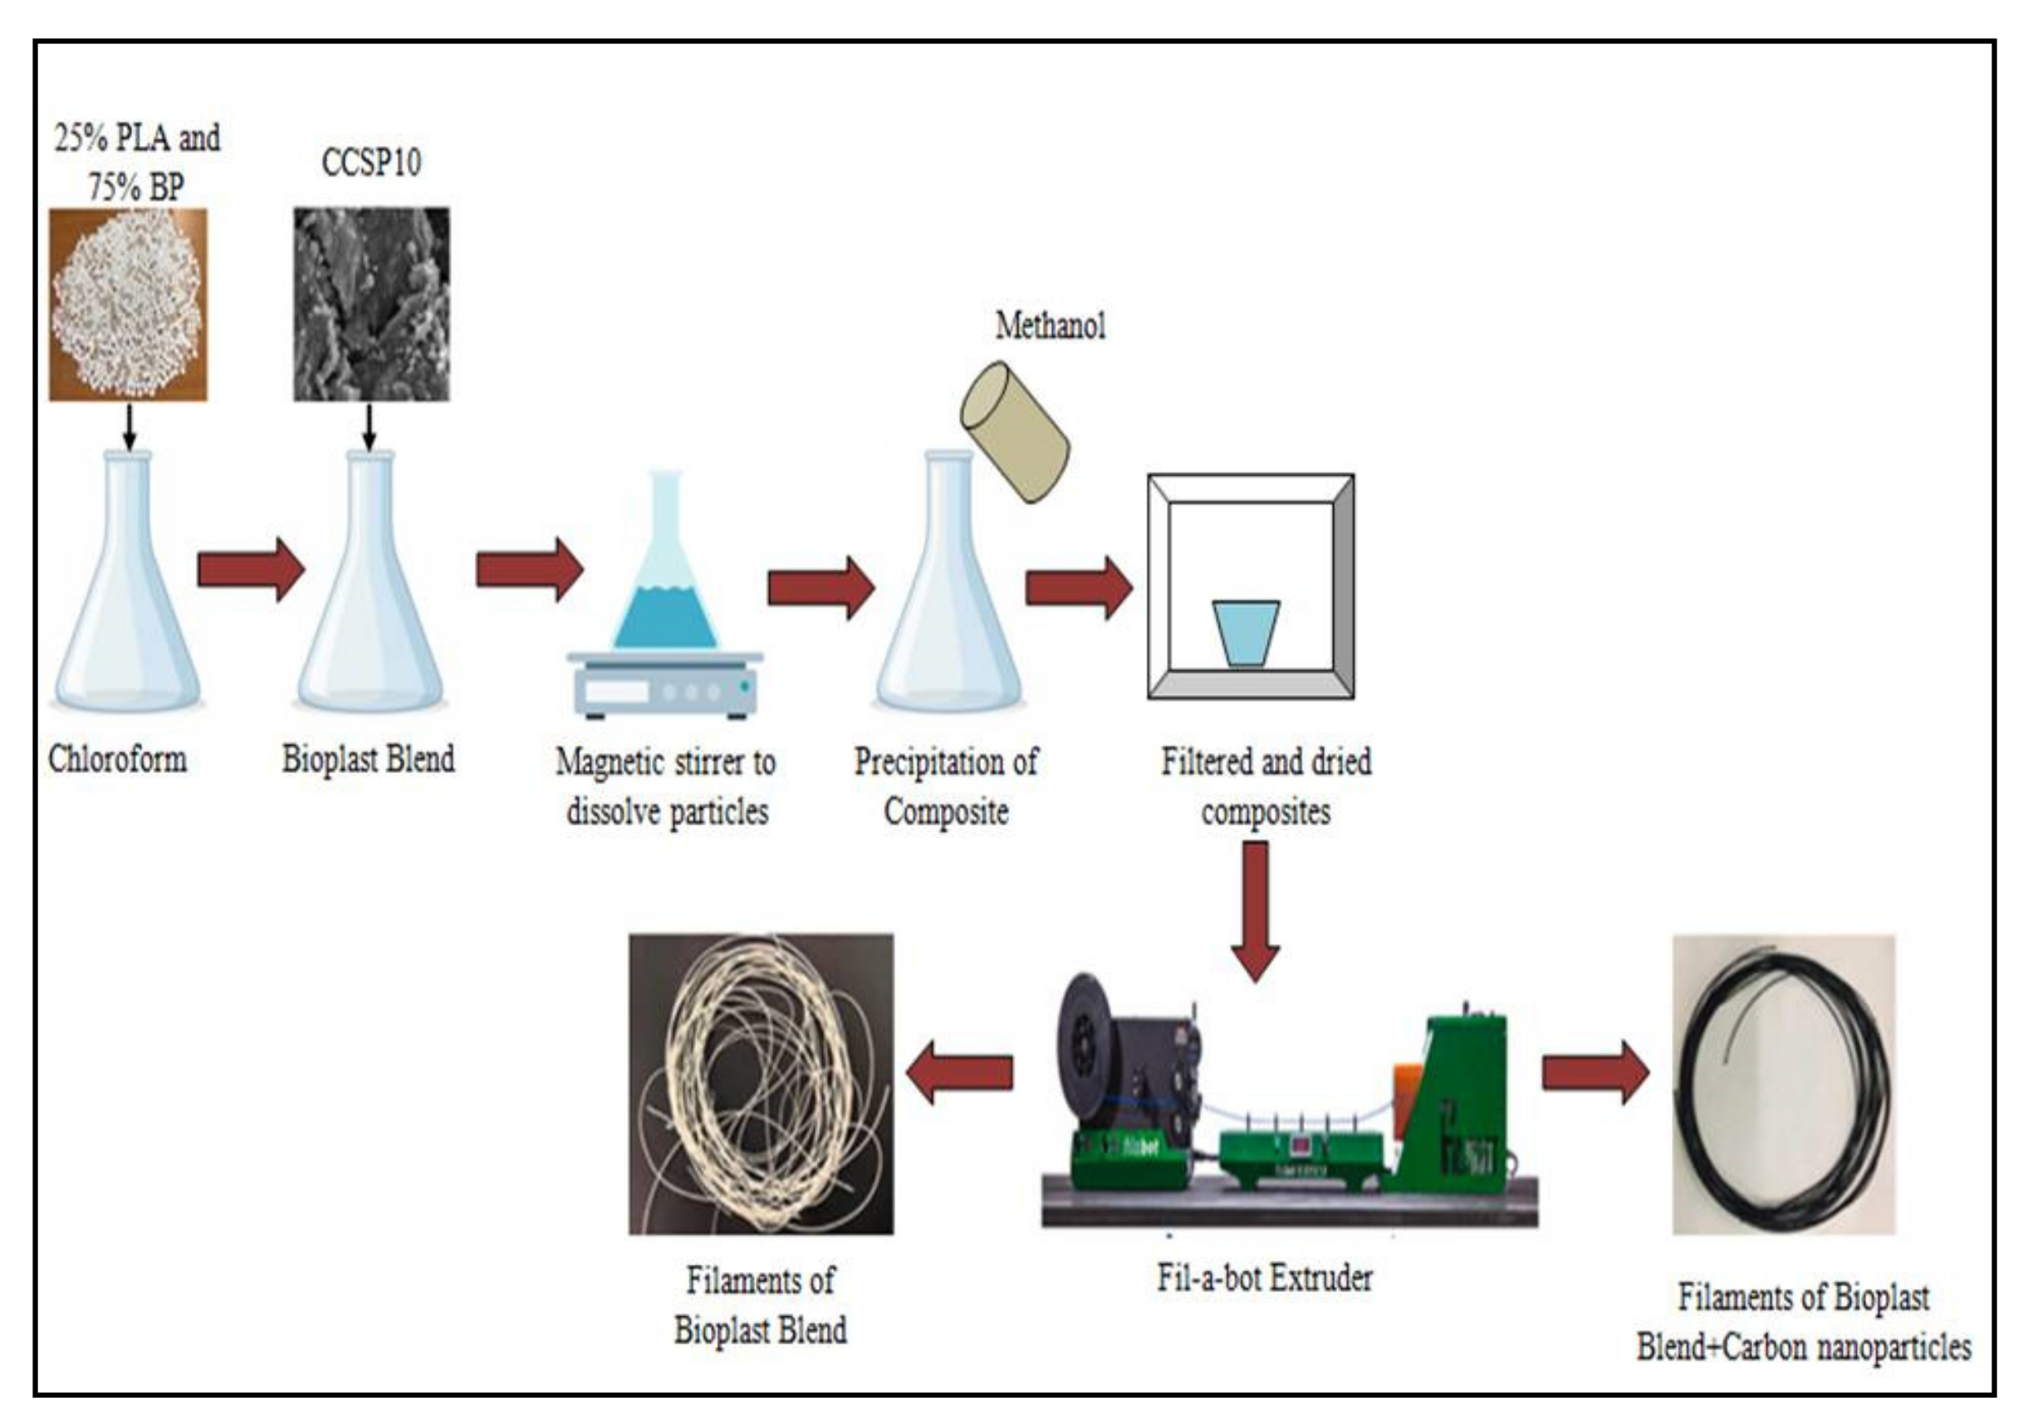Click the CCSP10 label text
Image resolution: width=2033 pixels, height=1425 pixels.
(371, 163)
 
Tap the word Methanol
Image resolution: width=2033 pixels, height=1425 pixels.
(1051, 326)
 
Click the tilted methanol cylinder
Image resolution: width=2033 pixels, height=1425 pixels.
(1015, 431)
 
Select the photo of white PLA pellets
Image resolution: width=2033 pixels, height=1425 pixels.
(129, 305)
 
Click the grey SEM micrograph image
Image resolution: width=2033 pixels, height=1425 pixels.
(372, 305)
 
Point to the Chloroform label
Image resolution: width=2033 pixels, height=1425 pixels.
(117, 759)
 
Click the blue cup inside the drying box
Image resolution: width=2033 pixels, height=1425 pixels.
(1246, 632)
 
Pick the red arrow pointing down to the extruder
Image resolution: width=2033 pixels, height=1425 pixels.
(1256, 912)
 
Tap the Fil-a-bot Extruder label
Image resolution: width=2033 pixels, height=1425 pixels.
(1265, 1277)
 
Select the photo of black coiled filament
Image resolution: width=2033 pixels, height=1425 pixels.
(1783, 1084)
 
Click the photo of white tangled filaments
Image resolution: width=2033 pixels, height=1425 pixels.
(761, 1084)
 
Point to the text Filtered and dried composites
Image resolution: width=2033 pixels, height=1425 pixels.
(1266, 786)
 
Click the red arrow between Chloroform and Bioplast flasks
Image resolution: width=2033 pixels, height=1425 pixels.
(251, 570)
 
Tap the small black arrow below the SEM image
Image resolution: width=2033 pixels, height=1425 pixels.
(370, 428)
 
